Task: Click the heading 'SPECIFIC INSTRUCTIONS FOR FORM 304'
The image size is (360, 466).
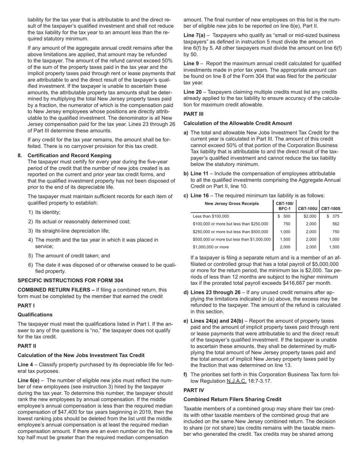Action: tap(70, 280)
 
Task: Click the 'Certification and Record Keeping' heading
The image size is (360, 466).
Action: tap(69, 155)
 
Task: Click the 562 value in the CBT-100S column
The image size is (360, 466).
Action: tap(336, 224)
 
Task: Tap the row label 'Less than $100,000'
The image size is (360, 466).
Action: tap(211, 216)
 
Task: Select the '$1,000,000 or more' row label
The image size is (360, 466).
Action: tap(211, 247)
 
